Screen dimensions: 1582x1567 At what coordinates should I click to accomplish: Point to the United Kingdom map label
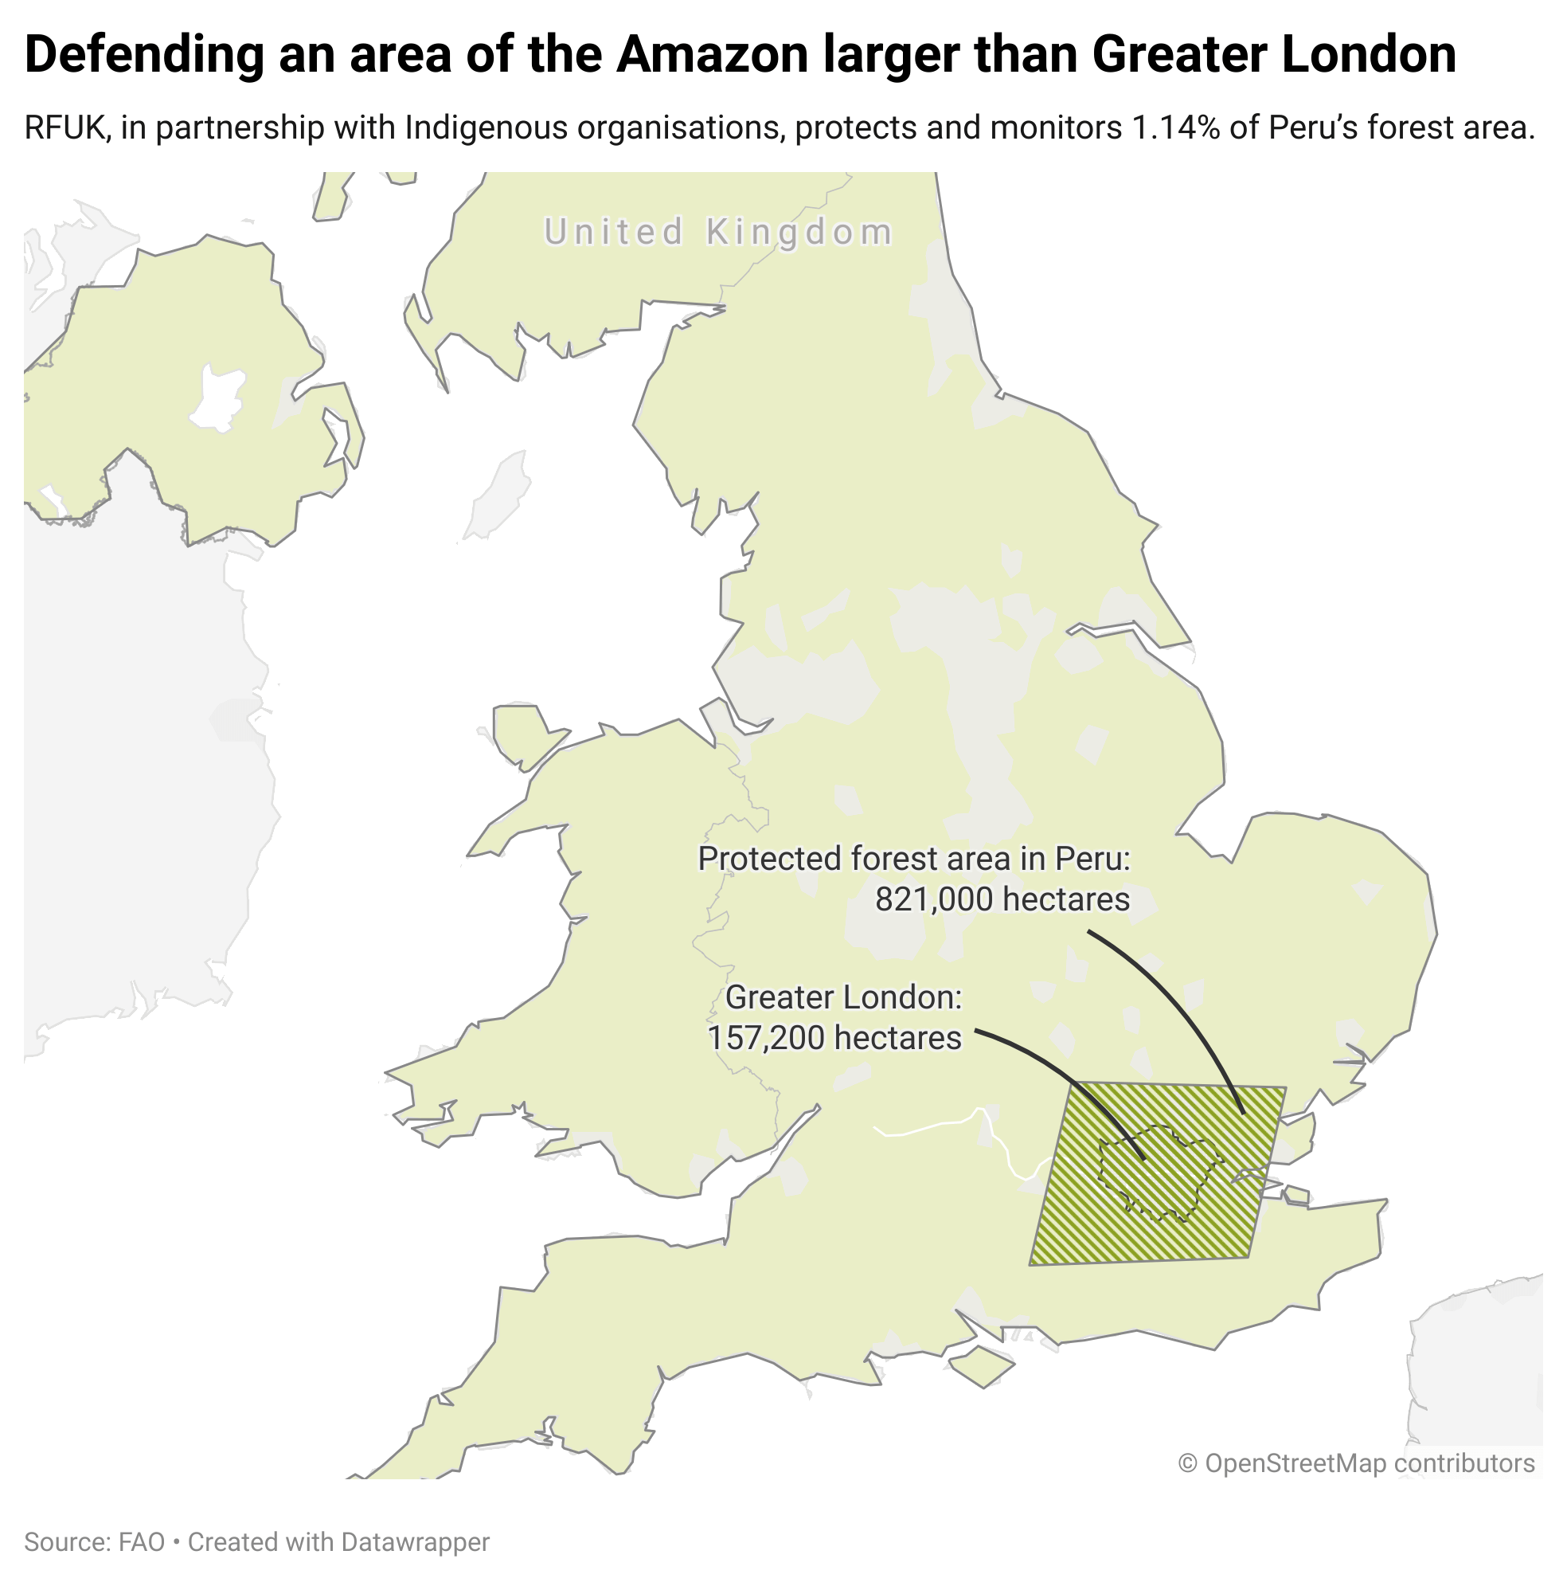718,232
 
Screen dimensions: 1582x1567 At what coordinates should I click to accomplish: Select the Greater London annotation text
842,997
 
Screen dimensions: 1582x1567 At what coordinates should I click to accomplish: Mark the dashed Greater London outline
1101,1162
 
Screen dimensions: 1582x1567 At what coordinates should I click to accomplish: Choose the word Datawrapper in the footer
415,1542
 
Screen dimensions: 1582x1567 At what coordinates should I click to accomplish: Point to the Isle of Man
497,496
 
